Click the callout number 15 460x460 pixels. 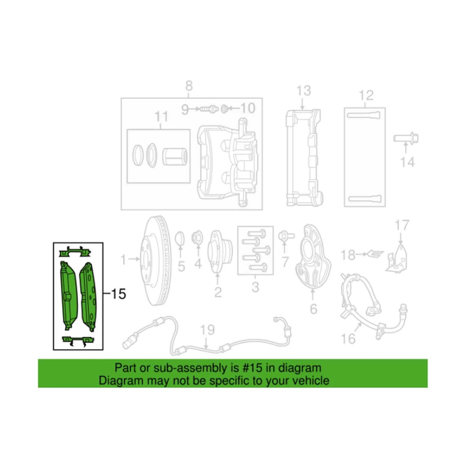click(x=118, y=294)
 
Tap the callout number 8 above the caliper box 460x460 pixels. click(x=189, y=86)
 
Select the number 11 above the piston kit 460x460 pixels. click(x=161, y=117)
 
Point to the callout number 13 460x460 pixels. click(x=304, y=91)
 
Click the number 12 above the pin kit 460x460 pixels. click(x=366, y=95)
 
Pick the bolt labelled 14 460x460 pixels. click(x=406, y=139)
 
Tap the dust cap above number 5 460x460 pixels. click(x=180, y=238)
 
